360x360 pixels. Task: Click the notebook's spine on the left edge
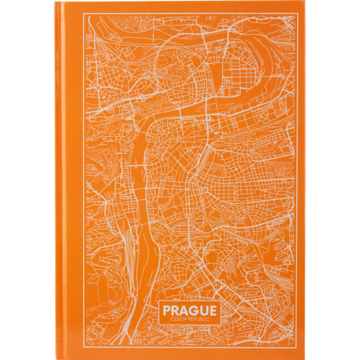coord(60,180)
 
